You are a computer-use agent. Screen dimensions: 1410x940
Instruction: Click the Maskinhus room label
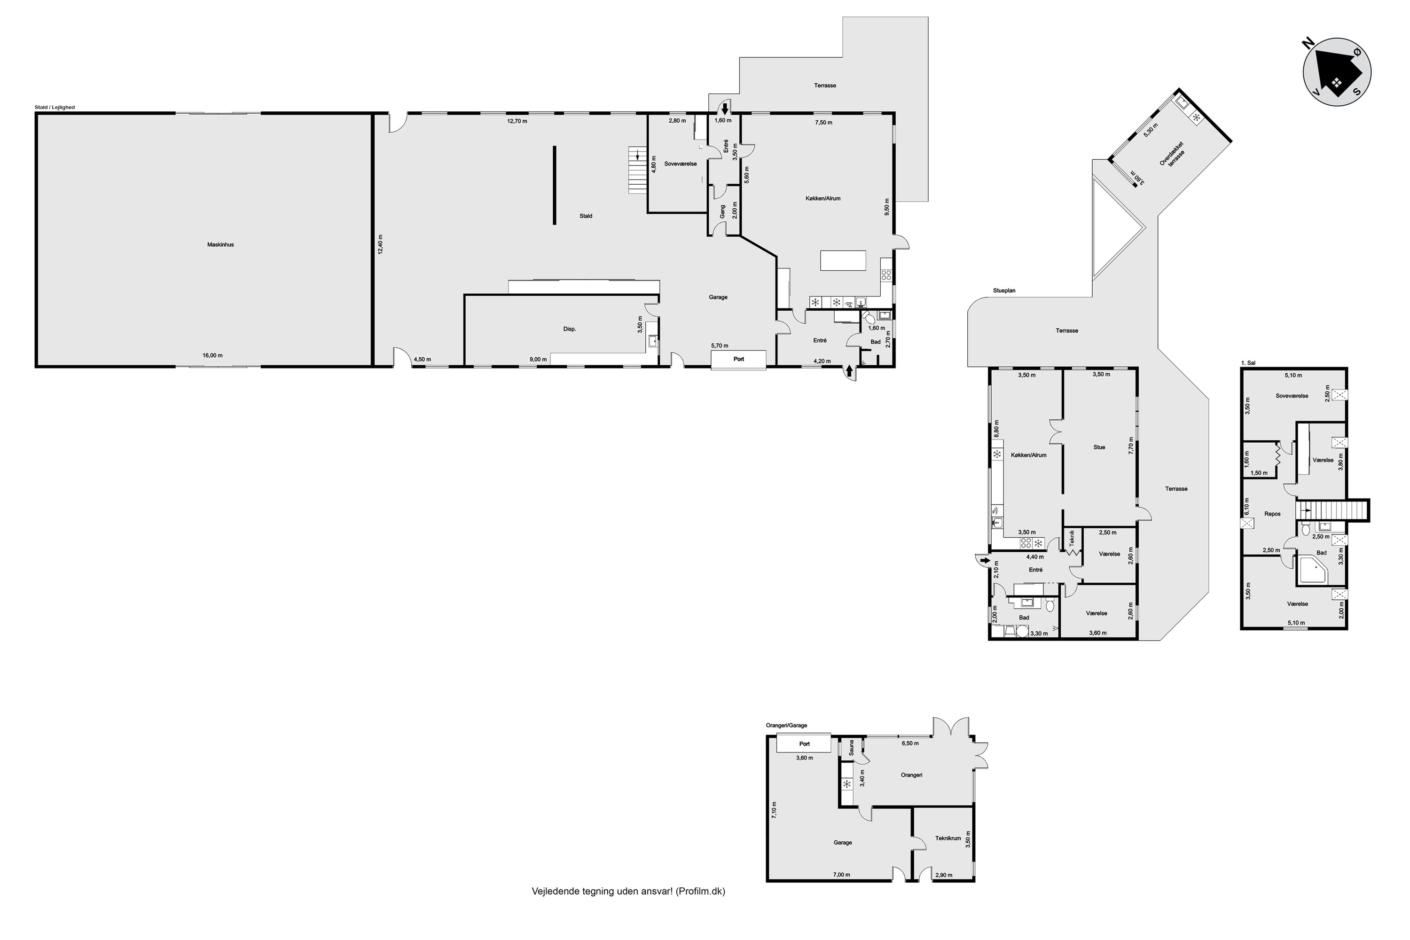coord(220,244)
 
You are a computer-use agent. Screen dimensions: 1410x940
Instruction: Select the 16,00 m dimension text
coord(212,355)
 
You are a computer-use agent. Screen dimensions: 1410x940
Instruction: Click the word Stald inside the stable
coord(586,216)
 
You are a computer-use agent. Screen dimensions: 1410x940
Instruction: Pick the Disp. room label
coord(570,329)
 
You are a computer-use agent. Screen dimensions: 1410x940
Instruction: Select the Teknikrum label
coord(948,838)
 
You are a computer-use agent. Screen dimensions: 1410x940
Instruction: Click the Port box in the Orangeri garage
coord(804,744)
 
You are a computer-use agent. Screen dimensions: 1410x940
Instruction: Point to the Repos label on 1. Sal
coord(1272,514)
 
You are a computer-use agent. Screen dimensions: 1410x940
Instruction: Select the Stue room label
coord(1099,447)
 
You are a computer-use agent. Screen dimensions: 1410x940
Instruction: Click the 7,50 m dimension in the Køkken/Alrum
coord(824,122)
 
